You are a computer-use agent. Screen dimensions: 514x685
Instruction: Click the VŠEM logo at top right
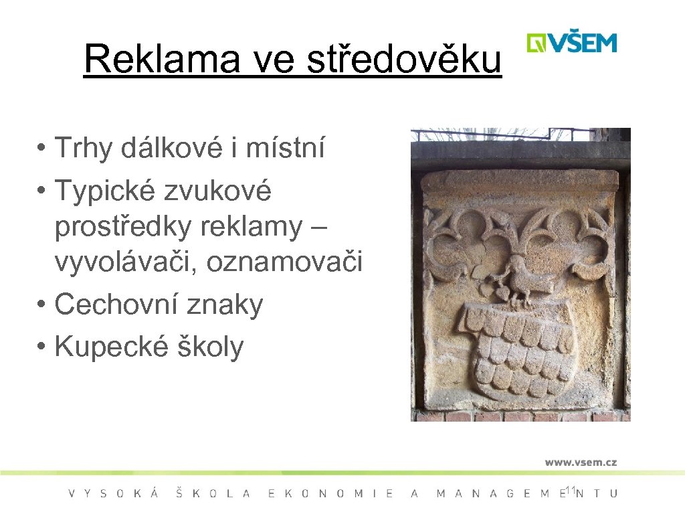(x=571, y=43)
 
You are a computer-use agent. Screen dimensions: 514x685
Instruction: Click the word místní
(x=285, y=148)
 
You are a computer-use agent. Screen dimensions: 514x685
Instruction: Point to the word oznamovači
(x=284, y=263)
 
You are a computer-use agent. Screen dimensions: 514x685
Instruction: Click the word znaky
(x=227, y=305)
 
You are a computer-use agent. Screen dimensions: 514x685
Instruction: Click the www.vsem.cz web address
(x=580, y=462)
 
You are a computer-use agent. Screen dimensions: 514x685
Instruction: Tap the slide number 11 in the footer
(x=570, y=491)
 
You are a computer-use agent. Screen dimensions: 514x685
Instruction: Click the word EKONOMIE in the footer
(x=330, y=494)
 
